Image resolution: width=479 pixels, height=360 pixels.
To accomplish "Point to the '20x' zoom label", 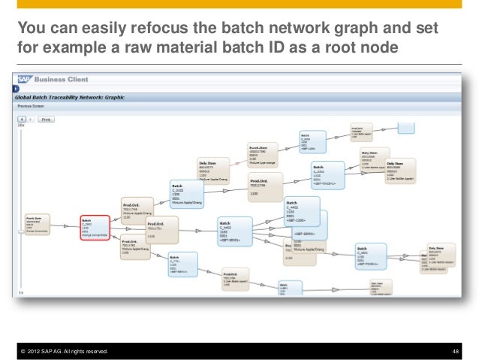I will (21, 126).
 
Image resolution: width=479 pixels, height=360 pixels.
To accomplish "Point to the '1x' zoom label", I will (21, 292).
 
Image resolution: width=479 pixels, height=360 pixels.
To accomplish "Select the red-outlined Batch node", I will (94, 227).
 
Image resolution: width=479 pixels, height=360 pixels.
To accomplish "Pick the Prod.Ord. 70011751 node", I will (161, 229).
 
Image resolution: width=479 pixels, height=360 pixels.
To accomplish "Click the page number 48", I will (456, 352).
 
